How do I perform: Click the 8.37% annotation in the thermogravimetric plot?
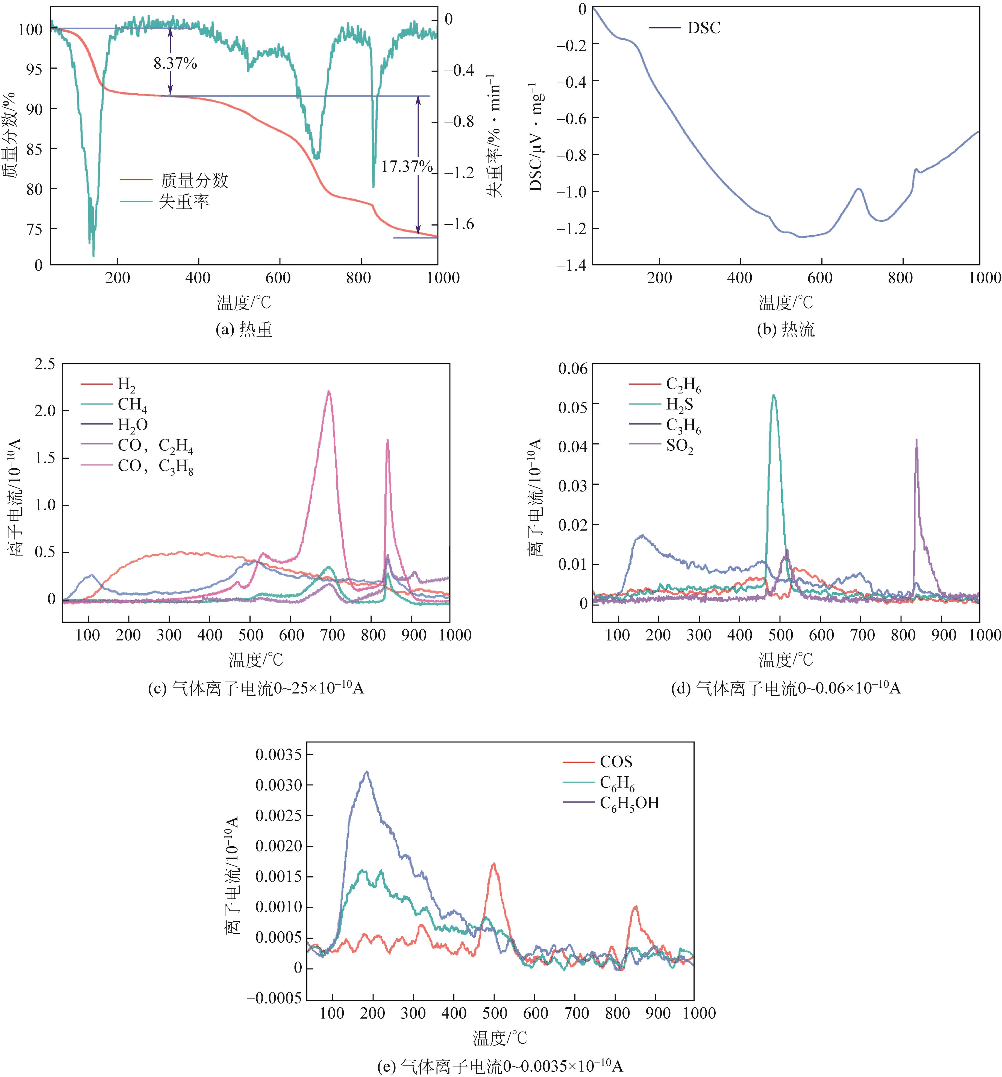tap(175, 63)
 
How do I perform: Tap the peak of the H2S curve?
tap(774, 396)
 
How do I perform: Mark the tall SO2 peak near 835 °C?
tap(916, 440)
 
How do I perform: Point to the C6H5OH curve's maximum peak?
tap(367, 772)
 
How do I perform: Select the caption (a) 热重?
tap(244, 329)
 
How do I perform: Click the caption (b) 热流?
tap(785, 329)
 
